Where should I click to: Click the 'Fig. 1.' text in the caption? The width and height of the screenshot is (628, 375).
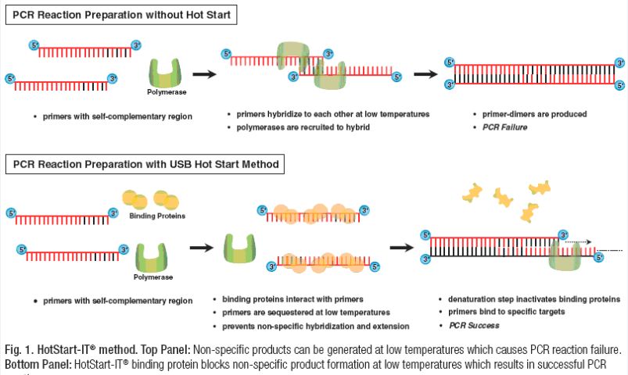click(18, 348)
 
